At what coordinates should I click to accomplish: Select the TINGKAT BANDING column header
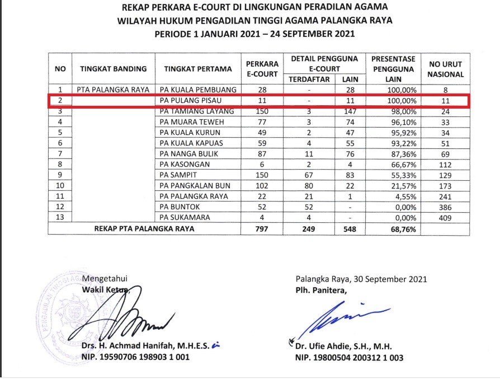114,69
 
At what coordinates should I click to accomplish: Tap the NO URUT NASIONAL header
445,69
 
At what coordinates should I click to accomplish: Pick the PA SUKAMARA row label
182,218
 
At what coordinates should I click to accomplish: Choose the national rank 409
445,218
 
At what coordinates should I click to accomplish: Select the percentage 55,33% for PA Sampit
401,175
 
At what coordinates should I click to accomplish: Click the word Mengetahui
103,279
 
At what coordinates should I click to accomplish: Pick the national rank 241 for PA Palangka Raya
445,196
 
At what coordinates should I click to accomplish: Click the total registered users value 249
309,230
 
